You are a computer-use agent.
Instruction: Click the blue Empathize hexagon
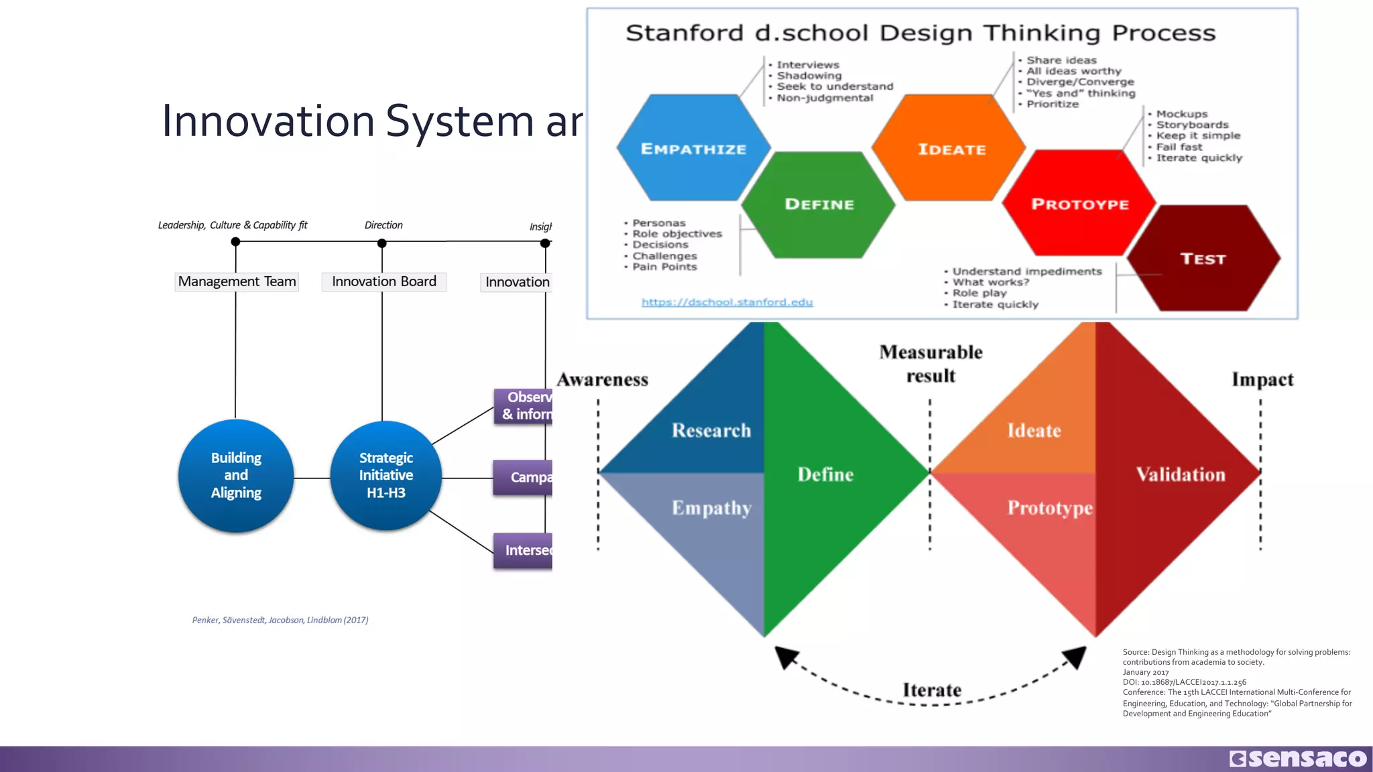[x=693, y=148]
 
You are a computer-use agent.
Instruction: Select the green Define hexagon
[x=819, y=204]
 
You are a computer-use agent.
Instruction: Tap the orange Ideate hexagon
[x=951, y=149]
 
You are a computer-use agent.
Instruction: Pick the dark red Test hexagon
[x=1203, y=259]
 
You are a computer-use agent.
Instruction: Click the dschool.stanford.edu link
[x=727, y=302]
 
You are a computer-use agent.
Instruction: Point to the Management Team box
[x=237, y=281]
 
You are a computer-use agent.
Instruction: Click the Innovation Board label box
[x=383, y=281]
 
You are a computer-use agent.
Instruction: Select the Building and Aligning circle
[x=236, y=475]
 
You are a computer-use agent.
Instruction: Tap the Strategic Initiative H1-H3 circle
[x=385, y=475]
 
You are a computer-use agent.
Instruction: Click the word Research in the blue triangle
[x=711, y=430]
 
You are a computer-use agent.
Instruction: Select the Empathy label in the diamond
[x=711, y=508]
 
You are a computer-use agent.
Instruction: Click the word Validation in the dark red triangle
[x=1180, y=474]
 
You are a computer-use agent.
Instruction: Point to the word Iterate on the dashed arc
[x=931, y=690]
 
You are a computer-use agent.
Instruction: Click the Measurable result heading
[x=931, y=364]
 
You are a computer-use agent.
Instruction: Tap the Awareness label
[x=602, y=380]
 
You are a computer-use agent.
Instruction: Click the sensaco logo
[x=1298, y=759]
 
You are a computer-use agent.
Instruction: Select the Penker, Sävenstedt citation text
[x=280, y=620]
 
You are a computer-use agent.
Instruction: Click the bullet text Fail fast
[x=1179, y=147]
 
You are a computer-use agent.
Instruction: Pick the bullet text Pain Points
[x=664, y=267]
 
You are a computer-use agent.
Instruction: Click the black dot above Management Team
[x=235, y=242]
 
